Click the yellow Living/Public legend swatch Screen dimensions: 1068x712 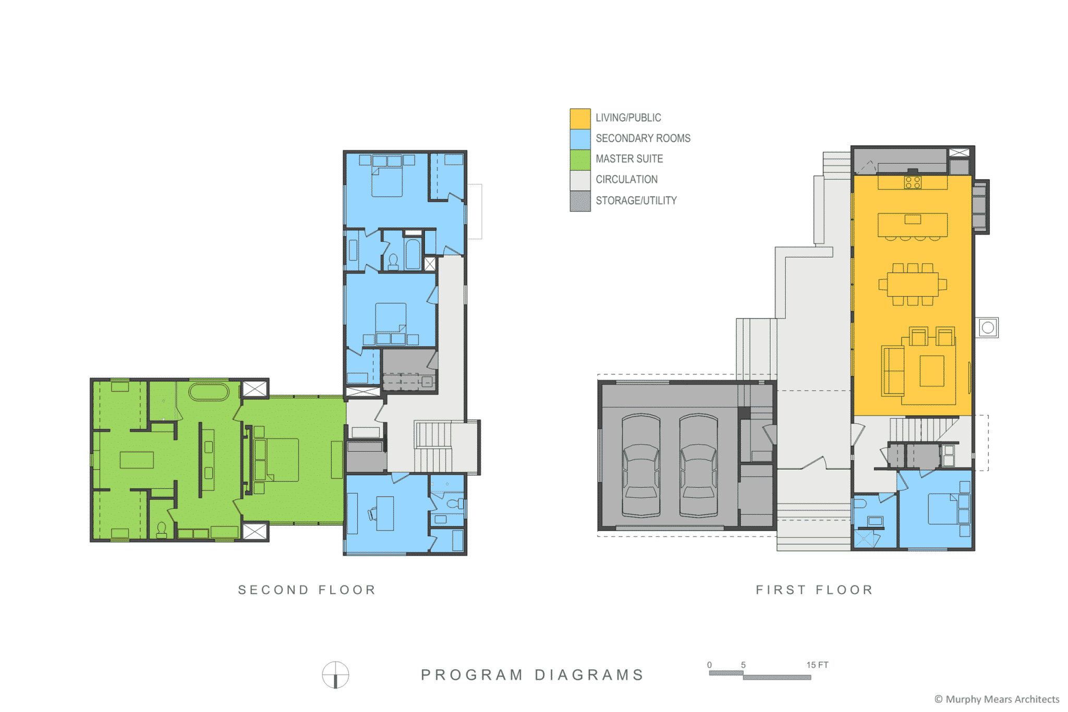coord(580,118)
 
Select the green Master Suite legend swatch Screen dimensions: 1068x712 coord(580,159)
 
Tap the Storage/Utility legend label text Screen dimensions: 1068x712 coord(636,201)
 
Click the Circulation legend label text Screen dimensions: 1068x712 coord(626,179)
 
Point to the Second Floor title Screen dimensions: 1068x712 coord(307,590)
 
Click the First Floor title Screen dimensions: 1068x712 coord(815,590)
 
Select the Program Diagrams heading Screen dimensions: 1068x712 coord(532,674)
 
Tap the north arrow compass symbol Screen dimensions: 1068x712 coord(335,675)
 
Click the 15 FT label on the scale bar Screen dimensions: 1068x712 coord(817,665)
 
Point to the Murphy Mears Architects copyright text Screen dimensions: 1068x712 coord(997,699)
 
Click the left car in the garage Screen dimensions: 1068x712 coord(641,465)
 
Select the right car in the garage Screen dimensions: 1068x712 coord(698,465)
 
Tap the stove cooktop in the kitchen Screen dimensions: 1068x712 coord(913,182)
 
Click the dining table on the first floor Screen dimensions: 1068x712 coord(913,284)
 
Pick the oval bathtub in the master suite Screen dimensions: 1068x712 coord(209,392)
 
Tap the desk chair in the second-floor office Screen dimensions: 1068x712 coord(372,514)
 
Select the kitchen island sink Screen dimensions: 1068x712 coord(913,219)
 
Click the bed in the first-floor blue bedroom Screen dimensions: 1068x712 coord(943,509)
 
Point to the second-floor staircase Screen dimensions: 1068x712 coord(433,447)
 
